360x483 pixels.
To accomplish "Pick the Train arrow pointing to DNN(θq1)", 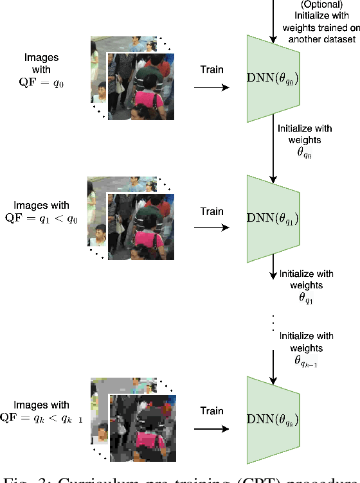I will [x=212, y=227].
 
